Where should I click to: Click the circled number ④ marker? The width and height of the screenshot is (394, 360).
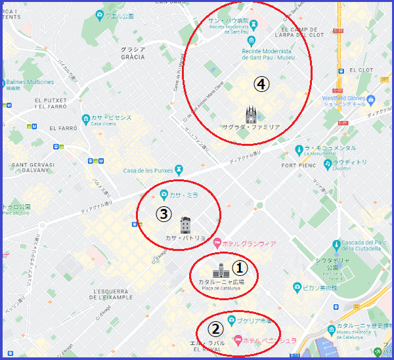pyautogui.click(x=261, y=85)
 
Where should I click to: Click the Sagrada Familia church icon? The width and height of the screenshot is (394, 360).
pyautogui.click(x=251, y=114)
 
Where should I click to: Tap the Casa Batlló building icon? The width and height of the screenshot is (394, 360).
pyautogui.click(x=185, y=225)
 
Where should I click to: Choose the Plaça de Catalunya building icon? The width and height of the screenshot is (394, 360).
pyautogui.click(x=219, y=270)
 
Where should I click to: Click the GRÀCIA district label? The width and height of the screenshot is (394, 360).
pyautogui.click(x=133, y=53)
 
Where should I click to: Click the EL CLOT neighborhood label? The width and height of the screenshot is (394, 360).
pyautogui.click(x=361, y=70)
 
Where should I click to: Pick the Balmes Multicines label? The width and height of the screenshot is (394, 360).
pyautogui.click(x=30, y=83)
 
